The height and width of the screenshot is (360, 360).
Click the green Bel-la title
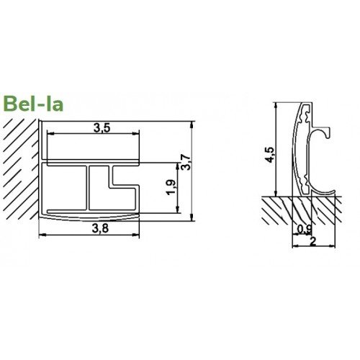pos(33,104)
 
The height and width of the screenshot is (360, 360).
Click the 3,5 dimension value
pos(102,128)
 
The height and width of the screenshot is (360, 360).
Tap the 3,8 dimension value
pos(100,228)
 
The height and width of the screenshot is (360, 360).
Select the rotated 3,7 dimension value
pos(186,163)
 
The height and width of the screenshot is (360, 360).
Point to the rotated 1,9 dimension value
pos(172,187)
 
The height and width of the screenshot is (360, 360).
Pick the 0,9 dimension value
pos(305,229)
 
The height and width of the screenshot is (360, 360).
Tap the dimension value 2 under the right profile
pos(313,242)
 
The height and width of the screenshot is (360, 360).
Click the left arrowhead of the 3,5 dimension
pos(50,133)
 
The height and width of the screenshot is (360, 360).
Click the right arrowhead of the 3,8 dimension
pos(136,235)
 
